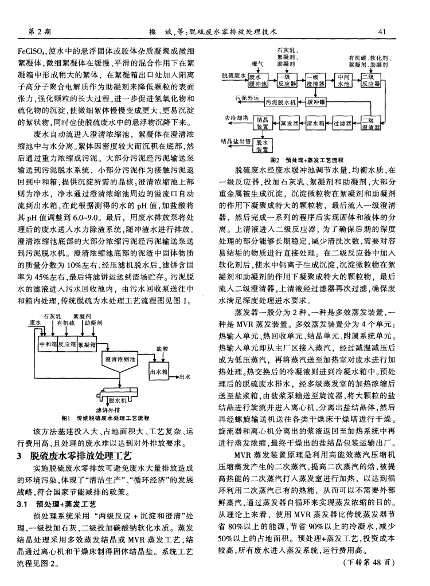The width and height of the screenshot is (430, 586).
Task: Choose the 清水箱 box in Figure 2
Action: point(316,123)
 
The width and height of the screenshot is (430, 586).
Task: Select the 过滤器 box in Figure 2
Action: point(342,123)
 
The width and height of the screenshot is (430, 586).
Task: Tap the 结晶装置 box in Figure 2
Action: point(262,123)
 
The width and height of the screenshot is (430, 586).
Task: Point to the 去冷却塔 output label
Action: point(235,117)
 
